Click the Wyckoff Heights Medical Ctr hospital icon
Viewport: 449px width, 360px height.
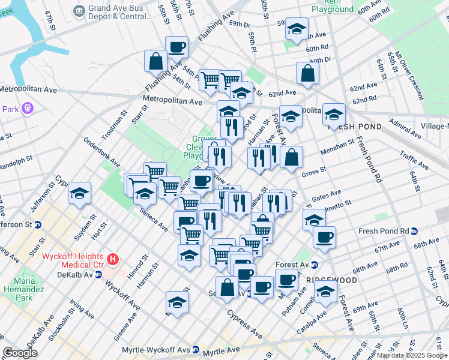[x=112, y=260]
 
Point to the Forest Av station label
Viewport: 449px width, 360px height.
[x=292, y=265]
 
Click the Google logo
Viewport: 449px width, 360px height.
[x=19, y=353]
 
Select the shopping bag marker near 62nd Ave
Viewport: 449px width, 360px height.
[x=307, y=73]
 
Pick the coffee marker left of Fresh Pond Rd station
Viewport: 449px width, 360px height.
[x=324, y=237]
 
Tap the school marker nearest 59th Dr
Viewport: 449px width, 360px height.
[x=296, y=29]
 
